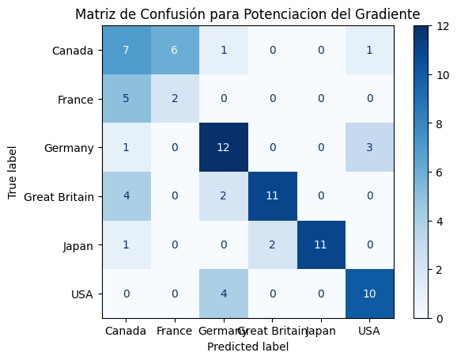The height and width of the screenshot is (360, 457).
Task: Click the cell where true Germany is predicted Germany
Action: [x=224, y=147]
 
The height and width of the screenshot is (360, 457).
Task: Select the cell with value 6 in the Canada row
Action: [x=176, y=51]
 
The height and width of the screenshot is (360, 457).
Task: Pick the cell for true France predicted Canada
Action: [x=127, y=99]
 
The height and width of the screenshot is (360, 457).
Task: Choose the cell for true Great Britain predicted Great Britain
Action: [x=272, y=196]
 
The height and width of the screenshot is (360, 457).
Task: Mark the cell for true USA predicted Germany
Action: [x=224, y=294]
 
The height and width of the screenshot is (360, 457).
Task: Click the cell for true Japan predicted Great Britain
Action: [x=272, y=245]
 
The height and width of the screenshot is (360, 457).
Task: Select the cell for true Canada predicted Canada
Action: [x=127, y=51]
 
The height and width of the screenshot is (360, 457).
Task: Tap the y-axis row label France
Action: [x=77, y=100]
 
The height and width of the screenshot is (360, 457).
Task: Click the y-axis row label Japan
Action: [x=78, y=245]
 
